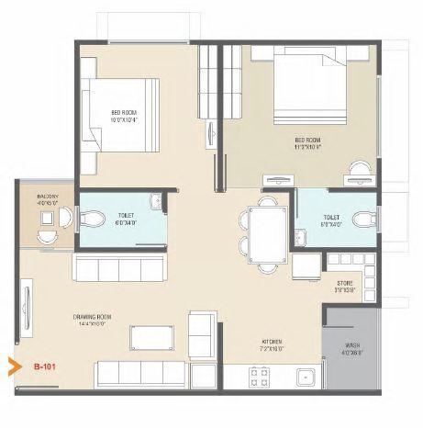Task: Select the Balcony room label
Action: tap(48, 198)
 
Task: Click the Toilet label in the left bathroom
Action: tap(124, 220)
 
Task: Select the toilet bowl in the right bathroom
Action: tap(364, 219)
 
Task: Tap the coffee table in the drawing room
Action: tap(150, 338)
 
